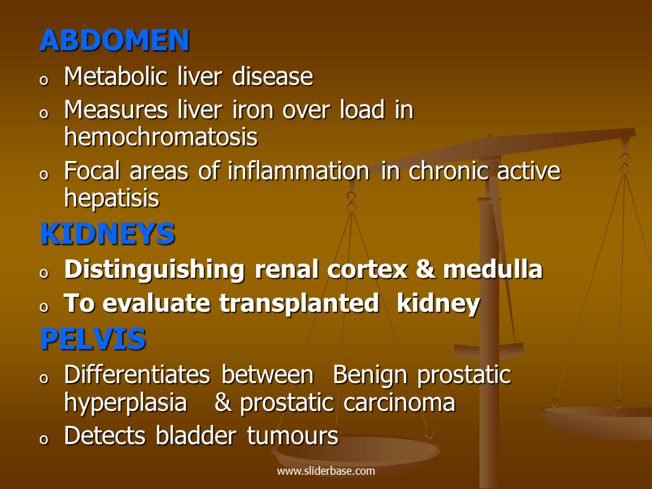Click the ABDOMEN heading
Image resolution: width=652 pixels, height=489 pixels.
point(114,41)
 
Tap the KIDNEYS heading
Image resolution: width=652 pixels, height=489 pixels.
point(107,234)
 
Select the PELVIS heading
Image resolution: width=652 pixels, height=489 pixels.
point(92,339)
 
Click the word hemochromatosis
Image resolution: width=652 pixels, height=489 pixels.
point(161,137)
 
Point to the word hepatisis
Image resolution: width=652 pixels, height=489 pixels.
point(112,198)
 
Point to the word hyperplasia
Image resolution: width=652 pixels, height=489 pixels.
point(126,403)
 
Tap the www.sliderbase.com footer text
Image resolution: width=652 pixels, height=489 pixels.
point(326,471)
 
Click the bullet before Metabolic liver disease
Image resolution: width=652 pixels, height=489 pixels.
point(44,80)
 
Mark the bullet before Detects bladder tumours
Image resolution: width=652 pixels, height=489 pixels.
point(44,439)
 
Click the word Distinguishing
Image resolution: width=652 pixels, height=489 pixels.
point(154,270)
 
